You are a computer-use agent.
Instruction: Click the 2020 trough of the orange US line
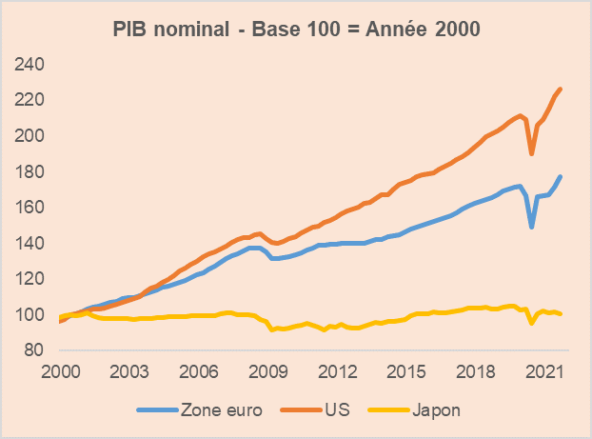[x=532, y=153]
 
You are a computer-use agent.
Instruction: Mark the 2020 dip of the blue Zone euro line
[x=532, y=227]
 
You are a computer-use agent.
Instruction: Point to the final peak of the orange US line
[x=561, y=89]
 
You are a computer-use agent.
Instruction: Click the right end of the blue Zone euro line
[x=561, y=176]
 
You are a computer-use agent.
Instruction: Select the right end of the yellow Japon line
[x=561, y=314]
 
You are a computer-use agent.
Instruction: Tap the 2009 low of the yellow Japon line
[x=271, y=329]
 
